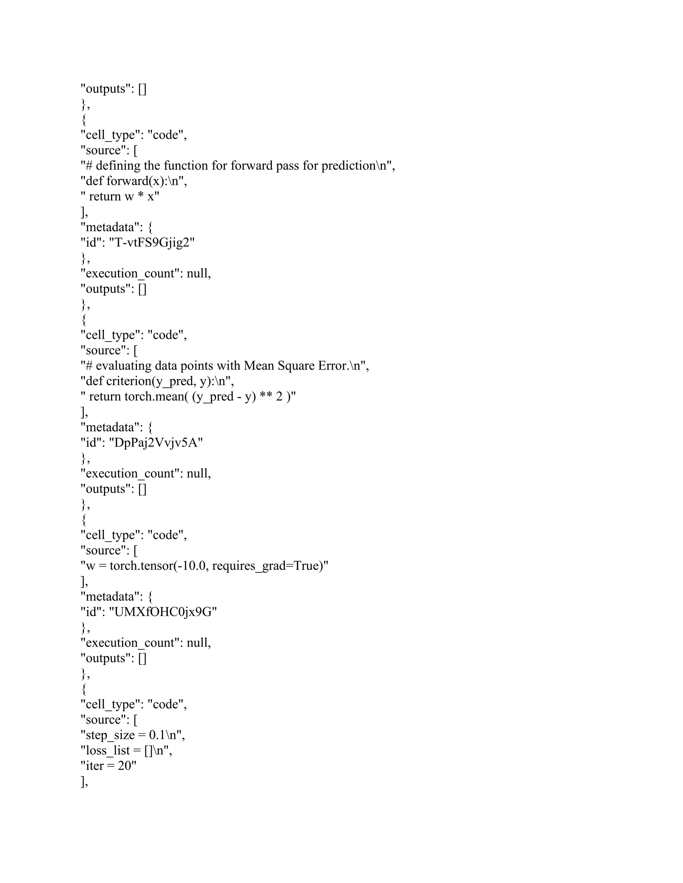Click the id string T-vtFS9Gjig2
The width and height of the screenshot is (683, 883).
point(152,243)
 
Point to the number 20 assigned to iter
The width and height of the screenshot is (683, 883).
point(125,766)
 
